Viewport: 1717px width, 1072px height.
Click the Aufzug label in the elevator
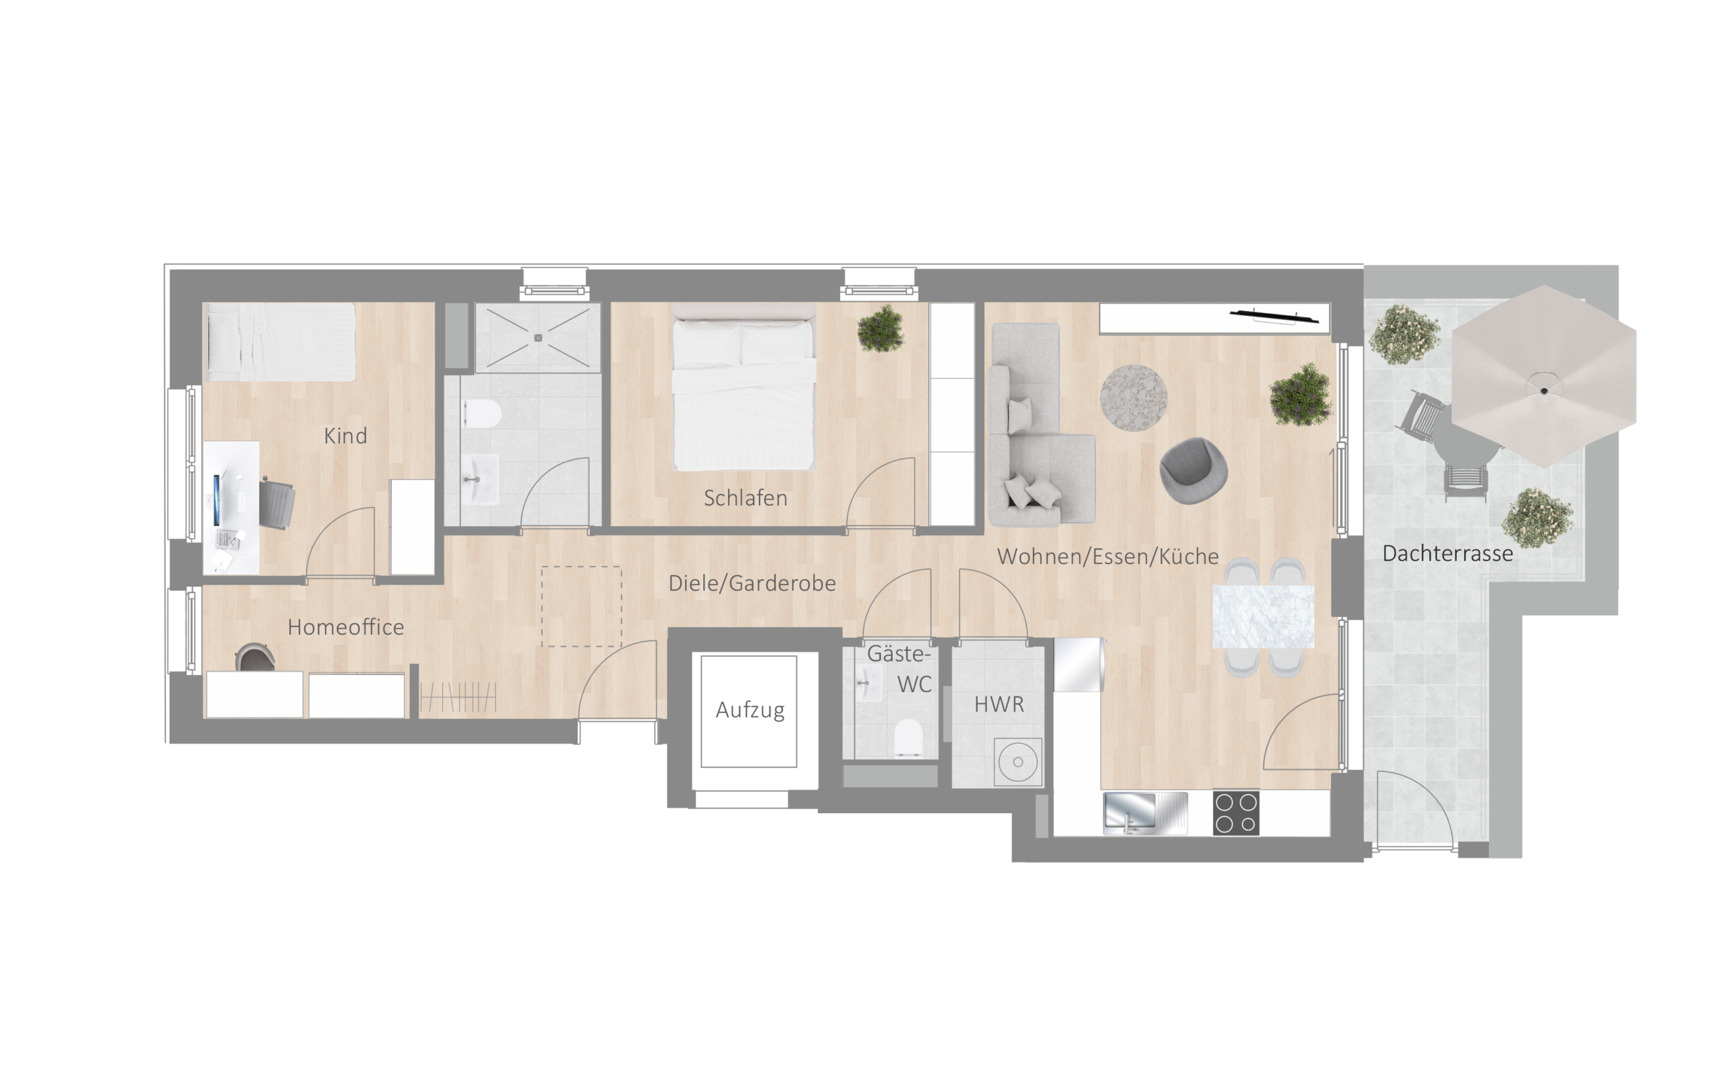[x=750, y=709]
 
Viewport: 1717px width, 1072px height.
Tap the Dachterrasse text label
[x=1448, y=553]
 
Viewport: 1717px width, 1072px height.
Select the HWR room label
[x=999, y=704]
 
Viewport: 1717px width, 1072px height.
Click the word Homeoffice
[x=346, y=627]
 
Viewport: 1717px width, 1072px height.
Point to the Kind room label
[x=345, y=435]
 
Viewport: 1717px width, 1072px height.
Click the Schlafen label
[x=745, y=498]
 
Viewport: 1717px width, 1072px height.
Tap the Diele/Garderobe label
[x=752, y=583]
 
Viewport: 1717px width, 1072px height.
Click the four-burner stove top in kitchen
[x=1236, y=812]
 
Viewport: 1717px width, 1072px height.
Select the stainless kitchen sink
[x=1145, y=813]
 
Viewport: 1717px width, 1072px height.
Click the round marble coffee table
[x=1133, y=398]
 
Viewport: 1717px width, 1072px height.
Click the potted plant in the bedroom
[x=880, y=328]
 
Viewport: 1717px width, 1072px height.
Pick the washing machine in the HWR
[x=1018, y=762]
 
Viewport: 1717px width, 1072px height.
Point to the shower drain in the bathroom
[x=538, y=338]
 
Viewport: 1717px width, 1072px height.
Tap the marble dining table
[x=1263, y=616]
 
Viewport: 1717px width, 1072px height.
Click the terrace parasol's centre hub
[x=1544, y=391]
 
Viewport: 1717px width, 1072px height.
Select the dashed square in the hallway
[x=581, y=606]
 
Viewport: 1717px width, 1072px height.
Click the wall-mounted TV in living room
[x=1274, y=316]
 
